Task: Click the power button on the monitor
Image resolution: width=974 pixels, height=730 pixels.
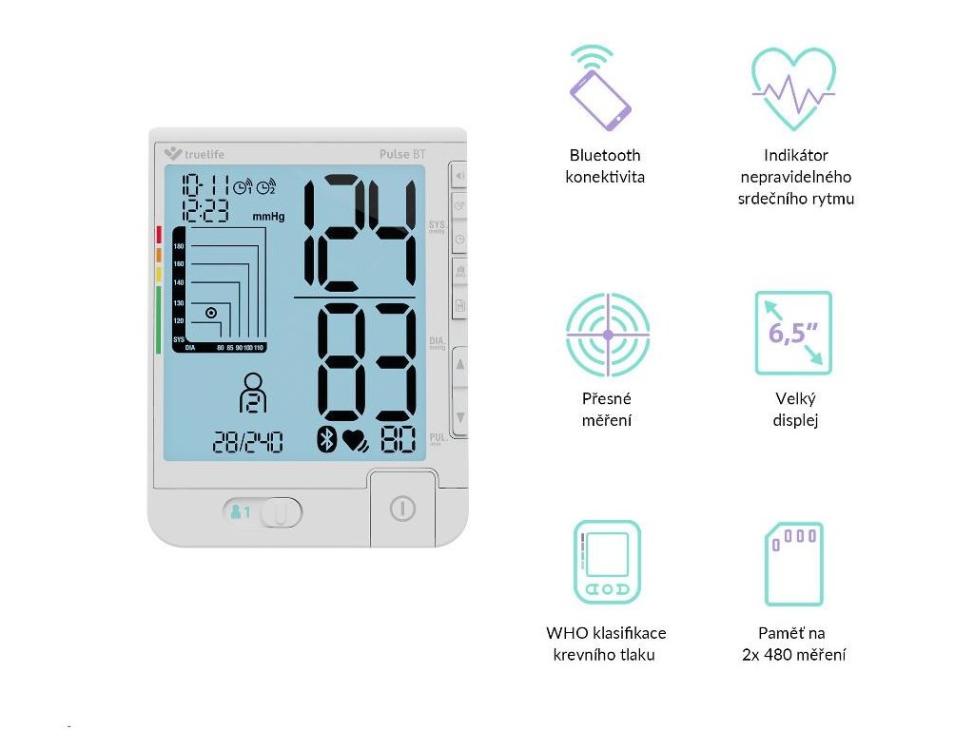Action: [x=402, y=509]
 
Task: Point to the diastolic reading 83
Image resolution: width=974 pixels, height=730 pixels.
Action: [x=366, y=364]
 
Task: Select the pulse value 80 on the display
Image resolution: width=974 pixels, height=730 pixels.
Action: [x=398, y=440]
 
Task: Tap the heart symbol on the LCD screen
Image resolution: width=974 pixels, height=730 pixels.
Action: [x=355, y=441]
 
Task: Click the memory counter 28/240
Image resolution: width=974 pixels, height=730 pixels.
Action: [x=246, y=442]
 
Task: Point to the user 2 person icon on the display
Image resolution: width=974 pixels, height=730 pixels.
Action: [x=253, y=392]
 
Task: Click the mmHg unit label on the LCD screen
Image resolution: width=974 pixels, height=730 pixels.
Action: [x=268, y=217]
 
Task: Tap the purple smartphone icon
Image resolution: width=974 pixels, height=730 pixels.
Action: [x=599, y=88]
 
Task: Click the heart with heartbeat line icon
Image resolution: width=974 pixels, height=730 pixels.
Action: [x=793, y=88]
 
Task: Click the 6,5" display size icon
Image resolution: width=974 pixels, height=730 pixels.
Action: [x=793, y=333]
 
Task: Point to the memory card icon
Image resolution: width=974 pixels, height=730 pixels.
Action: [x=793, y=564]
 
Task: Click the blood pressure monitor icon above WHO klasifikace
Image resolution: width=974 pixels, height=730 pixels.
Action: [x=607, y=563]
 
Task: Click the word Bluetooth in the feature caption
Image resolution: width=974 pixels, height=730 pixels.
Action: [x=605, y=155]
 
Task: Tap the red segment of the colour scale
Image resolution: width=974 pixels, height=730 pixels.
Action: [x=159, y=235]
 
